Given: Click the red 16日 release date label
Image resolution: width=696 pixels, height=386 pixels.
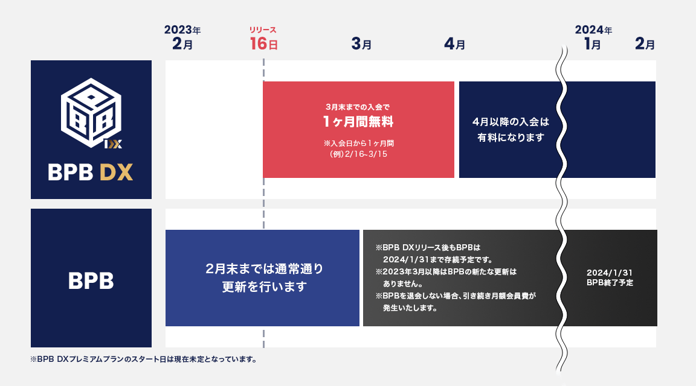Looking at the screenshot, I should click(263, 44).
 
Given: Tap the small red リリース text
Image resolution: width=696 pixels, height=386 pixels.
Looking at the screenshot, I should click(263, 30).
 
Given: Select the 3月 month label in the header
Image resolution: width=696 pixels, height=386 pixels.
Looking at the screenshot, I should click(361, 44).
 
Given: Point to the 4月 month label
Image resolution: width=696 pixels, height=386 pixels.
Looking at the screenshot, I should click(454, 44).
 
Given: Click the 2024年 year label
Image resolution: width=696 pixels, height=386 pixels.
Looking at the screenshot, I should click(593, 30).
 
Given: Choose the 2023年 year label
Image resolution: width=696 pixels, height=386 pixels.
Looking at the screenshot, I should click(182, 30).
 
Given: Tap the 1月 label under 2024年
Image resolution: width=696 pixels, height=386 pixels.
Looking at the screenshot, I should click(592, 44).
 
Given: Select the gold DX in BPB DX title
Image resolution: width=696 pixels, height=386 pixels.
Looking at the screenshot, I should click(116, 173).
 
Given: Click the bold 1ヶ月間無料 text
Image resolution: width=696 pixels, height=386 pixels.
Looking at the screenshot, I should click(358, 122).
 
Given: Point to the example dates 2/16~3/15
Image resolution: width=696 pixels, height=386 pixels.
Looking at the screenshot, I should click(358, 154).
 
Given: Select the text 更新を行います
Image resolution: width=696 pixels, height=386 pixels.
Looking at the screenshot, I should click(264, 286).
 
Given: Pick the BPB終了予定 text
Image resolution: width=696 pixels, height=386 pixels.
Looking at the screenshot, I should click(610, 282).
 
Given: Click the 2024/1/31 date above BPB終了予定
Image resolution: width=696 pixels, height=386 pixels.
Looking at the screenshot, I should click(610, 272).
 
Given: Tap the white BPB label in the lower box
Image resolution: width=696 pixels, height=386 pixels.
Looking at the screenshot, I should click(91, 280).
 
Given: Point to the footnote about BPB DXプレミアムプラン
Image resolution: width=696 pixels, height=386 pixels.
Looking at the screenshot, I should click(144, 360).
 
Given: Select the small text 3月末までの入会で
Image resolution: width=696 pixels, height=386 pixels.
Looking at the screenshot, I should click(358, 107).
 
